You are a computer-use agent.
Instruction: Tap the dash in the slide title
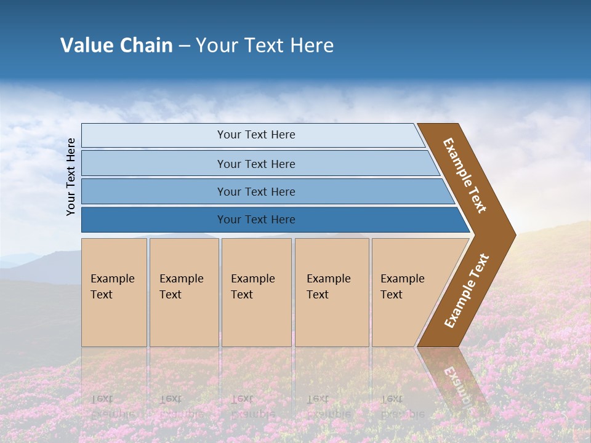point(184,46)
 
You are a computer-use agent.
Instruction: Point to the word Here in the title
point(312,46)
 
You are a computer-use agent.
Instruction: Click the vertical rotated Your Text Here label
point(71,177)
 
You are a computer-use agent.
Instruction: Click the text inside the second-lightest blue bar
point(256,164)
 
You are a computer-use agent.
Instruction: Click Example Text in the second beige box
point(181,287)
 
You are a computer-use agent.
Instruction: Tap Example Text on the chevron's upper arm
point(465,175)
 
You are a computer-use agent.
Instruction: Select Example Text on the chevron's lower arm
point(467,291)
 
